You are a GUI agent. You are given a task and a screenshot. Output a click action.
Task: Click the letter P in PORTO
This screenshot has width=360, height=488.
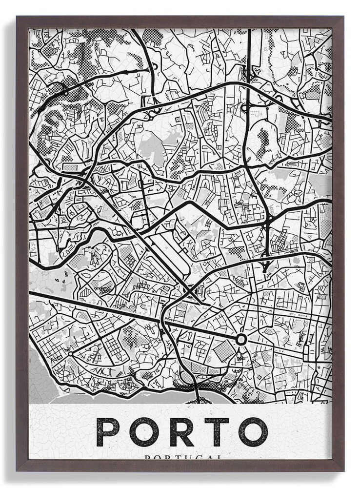[108, 432]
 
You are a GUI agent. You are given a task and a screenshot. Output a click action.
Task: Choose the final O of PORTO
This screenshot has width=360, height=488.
[253, 432]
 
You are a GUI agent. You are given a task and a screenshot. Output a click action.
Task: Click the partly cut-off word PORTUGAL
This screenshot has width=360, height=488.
[183, 457]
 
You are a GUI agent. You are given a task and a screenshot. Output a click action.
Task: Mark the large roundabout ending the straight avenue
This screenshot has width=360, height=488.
[241, 339]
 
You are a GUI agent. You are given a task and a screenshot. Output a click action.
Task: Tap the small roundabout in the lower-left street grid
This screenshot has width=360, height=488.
[71, 353]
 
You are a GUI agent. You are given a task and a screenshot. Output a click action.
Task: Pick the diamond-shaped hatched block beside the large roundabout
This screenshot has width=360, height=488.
[223, 351]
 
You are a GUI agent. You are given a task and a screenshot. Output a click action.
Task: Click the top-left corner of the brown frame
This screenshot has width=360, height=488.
[18, 18]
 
